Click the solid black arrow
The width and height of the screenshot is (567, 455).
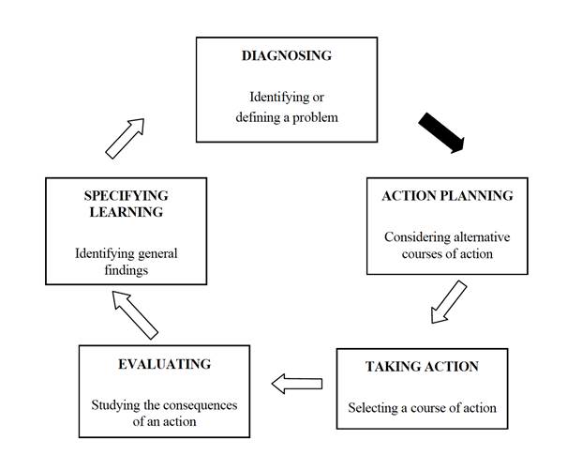point(440,132)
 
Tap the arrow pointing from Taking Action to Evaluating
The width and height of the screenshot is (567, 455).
point(297,383)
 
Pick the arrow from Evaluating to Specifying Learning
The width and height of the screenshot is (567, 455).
point(135,313)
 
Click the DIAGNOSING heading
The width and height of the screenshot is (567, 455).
point(287,55)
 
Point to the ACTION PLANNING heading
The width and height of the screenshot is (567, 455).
point(447,196)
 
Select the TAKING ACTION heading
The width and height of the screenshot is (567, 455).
point(422,366)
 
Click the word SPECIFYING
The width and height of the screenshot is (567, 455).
point(126,195)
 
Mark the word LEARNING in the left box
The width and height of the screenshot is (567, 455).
point(126,212)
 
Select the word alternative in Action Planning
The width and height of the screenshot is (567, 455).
point(478,236)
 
